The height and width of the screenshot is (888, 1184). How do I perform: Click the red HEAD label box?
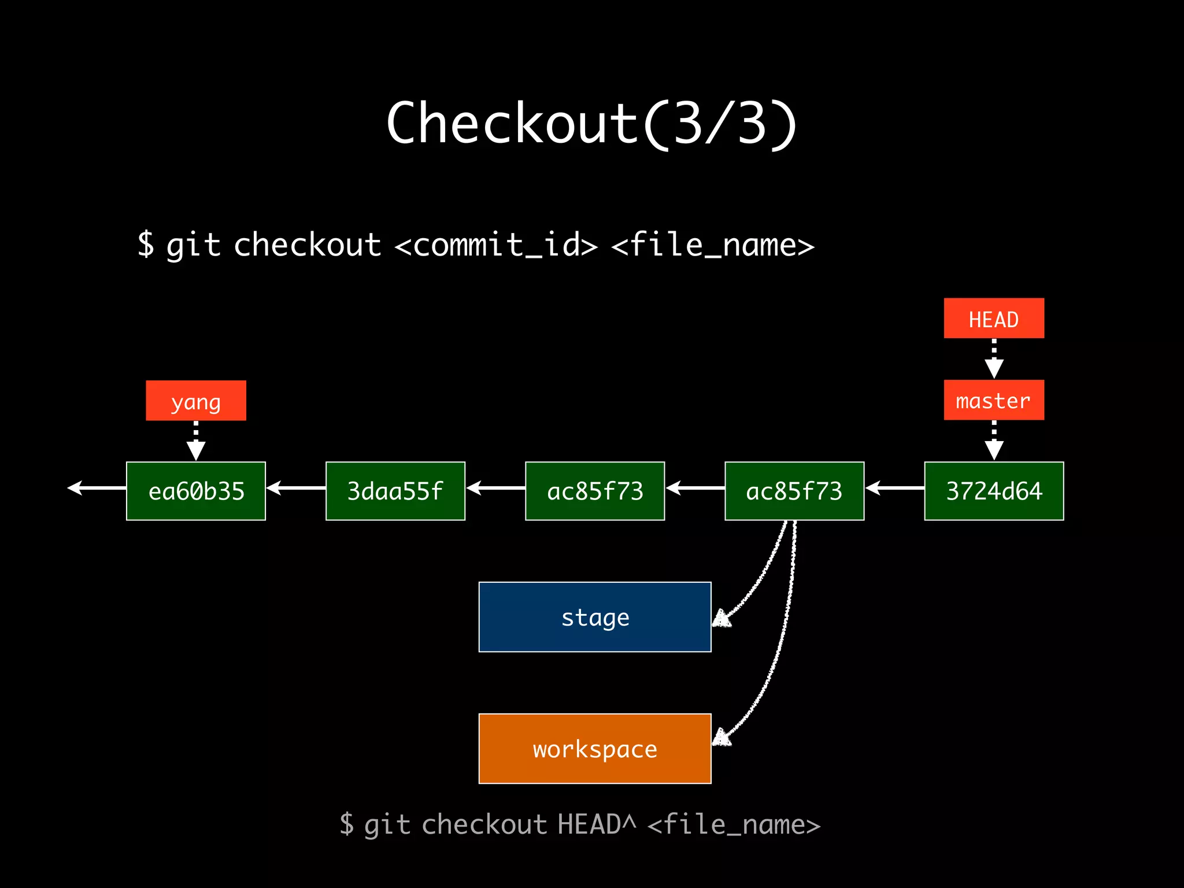coord(994,318)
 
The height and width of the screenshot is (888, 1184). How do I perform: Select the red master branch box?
coord(994,400)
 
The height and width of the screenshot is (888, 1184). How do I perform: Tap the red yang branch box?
coord(196,401)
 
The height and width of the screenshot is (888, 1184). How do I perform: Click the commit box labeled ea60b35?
coord(196,491)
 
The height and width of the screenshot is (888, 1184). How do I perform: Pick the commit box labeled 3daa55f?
coord(395,491)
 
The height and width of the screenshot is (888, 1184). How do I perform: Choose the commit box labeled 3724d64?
coord(994,491)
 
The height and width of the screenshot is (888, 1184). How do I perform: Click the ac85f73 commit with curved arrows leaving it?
coord(794,491)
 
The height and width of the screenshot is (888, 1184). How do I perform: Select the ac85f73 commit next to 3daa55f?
coord(595,491)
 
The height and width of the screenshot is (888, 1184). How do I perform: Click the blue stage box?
coord(595,617)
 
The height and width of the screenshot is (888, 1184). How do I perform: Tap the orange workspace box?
coord(595,749)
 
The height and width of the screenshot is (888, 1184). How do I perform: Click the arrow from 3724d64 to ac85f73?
coord(894,489)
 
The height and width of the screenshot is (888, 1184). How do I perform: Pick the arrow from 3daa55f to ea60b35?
coord(296,489)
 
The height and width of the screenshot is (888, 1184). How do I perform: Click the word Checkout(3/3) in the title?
coord(591,123)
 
